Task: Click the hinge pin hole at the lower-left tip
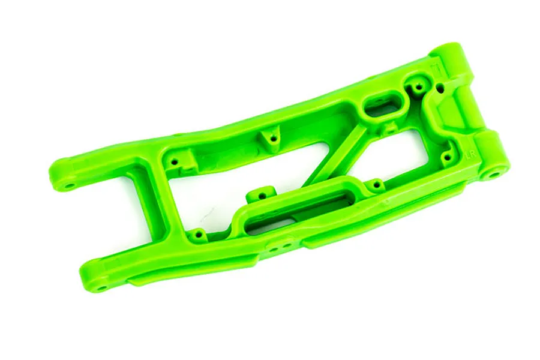pos(101,287)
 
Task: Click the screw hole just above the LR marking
pos(446,157)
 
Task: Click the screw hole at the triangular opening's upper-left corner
pos(175,162)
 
